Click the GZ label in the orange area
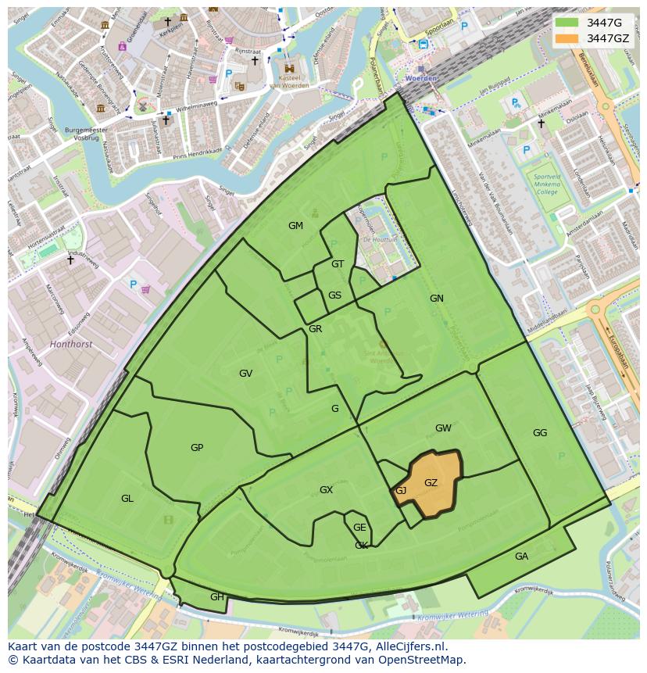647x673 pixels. (431, 483)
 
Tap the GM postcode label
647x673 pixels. (295, 226)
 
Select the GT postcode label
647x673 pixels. (338, 264)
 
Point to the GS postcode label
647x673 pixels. (334, 295)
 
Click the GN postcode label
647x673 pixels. (436, 299)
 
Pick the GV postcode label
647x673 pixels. (245, 374)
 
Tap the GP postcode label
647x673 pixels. (197, 448)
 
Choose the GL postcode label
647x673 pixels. (127, 499)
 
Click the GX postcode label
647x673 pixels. (326, 490)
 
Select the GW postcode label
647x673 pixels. (443, 428)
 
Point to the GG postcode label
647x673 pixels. (540, 433)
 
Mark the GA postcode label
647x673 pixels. (521, 557)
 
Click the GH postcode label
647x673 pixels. (217, 597)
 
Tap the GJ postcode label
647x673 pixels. (401, 491)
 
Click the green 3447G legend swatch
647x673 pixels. (567, 23)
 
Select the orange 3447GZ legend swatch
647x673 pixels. (567, 38)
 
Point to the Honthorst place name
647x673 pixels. (70, 343)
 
